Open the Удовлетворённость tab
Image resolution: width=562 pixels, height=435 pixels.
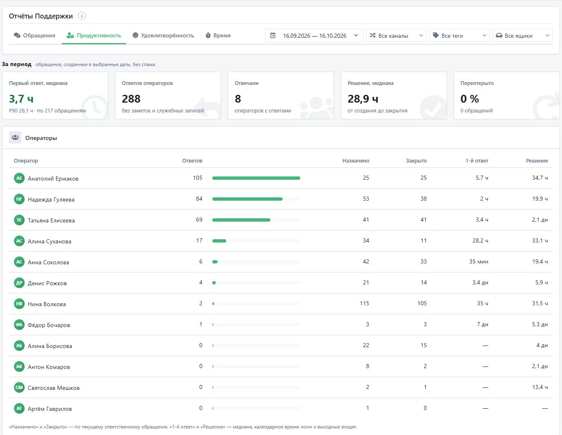163,35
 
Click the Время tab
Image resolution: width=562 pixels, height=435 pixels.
218,35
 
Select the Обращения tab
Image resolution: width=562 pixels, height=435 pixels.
34,35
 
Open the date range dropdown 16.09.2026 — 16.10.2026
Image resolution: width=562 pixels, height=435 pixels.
314,35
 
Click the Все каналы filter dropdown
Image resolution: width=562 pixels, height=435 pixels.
396,35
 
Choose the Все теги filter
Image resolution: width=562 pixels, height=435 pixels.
459,35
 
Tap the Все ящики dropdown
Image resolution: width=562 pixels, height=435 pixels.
523,35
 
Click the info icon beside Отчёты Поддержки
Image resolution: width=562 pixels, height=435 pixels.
82,16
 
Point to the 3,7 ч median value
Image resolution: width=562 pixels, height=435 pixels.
21,99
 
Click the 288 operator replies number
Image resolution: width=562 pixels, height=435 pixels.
131,99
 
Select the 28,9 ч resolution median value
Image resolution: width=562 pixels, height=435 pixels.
363,99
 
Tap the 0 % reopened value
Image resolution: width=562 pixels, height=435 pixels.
470,99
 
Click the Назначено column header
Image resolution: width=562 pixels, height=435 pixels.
356,160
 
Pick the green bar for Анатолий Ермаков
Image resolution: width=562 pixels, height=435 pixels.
256,178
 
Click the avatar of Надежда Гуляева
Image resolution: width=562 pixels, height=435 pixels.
19,199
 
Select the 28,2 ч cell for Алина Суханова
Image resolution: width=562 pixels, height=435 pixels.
480,241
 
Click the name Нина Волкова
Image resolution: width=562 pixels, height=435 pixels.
47,304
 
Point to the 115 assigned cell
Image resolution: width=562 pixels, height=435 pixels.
364,303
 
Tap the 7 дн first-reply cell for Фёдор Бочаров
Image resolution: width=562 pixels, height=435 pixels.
482,324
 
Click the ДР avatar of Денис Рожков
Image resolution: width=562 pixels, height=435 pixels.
19,283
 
